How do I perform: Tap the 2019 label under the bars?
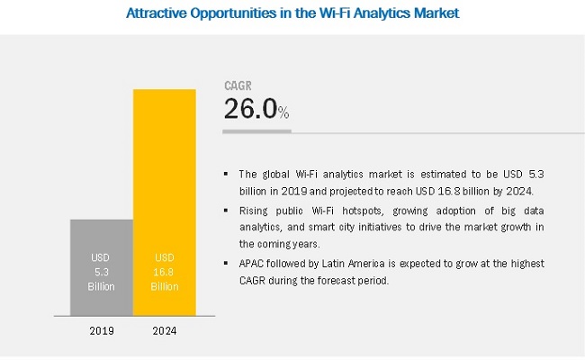click(101, 330)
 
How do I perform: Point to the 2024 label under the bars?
click(164, 330)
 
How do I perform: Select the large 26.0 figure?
click(248, 110)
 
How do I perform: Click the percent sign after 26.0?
click(283, 112)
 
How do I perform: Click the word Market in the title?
click(434, 13)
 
